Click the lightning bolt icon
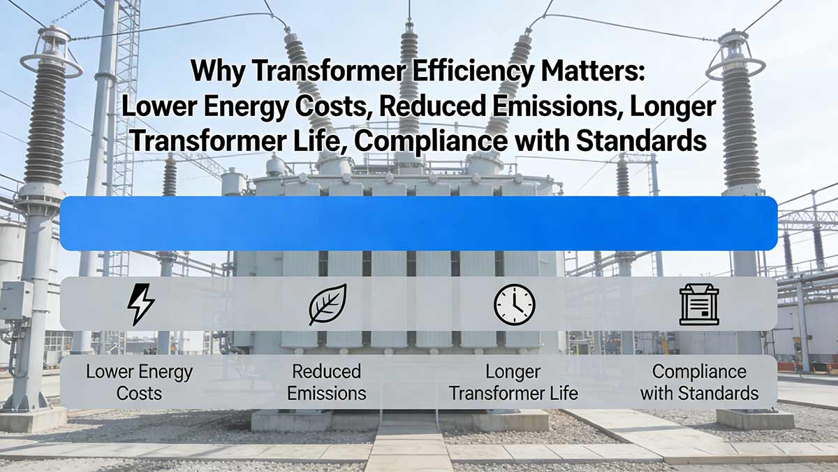tap(141, 304)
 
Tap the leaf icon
tap(328, 304)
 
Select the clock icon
tap(514, 305)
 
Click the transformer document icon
tap(699, 304)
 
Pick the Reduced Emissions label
tap(327, 382)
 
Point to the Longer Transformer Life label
tap(513, 382)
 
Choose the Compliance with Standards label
tap(699, 382)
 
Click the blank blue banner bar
tap(418, 223)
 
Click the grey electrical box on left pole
tap(15, 300)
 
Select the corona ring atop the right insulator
tap(735, 67)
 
